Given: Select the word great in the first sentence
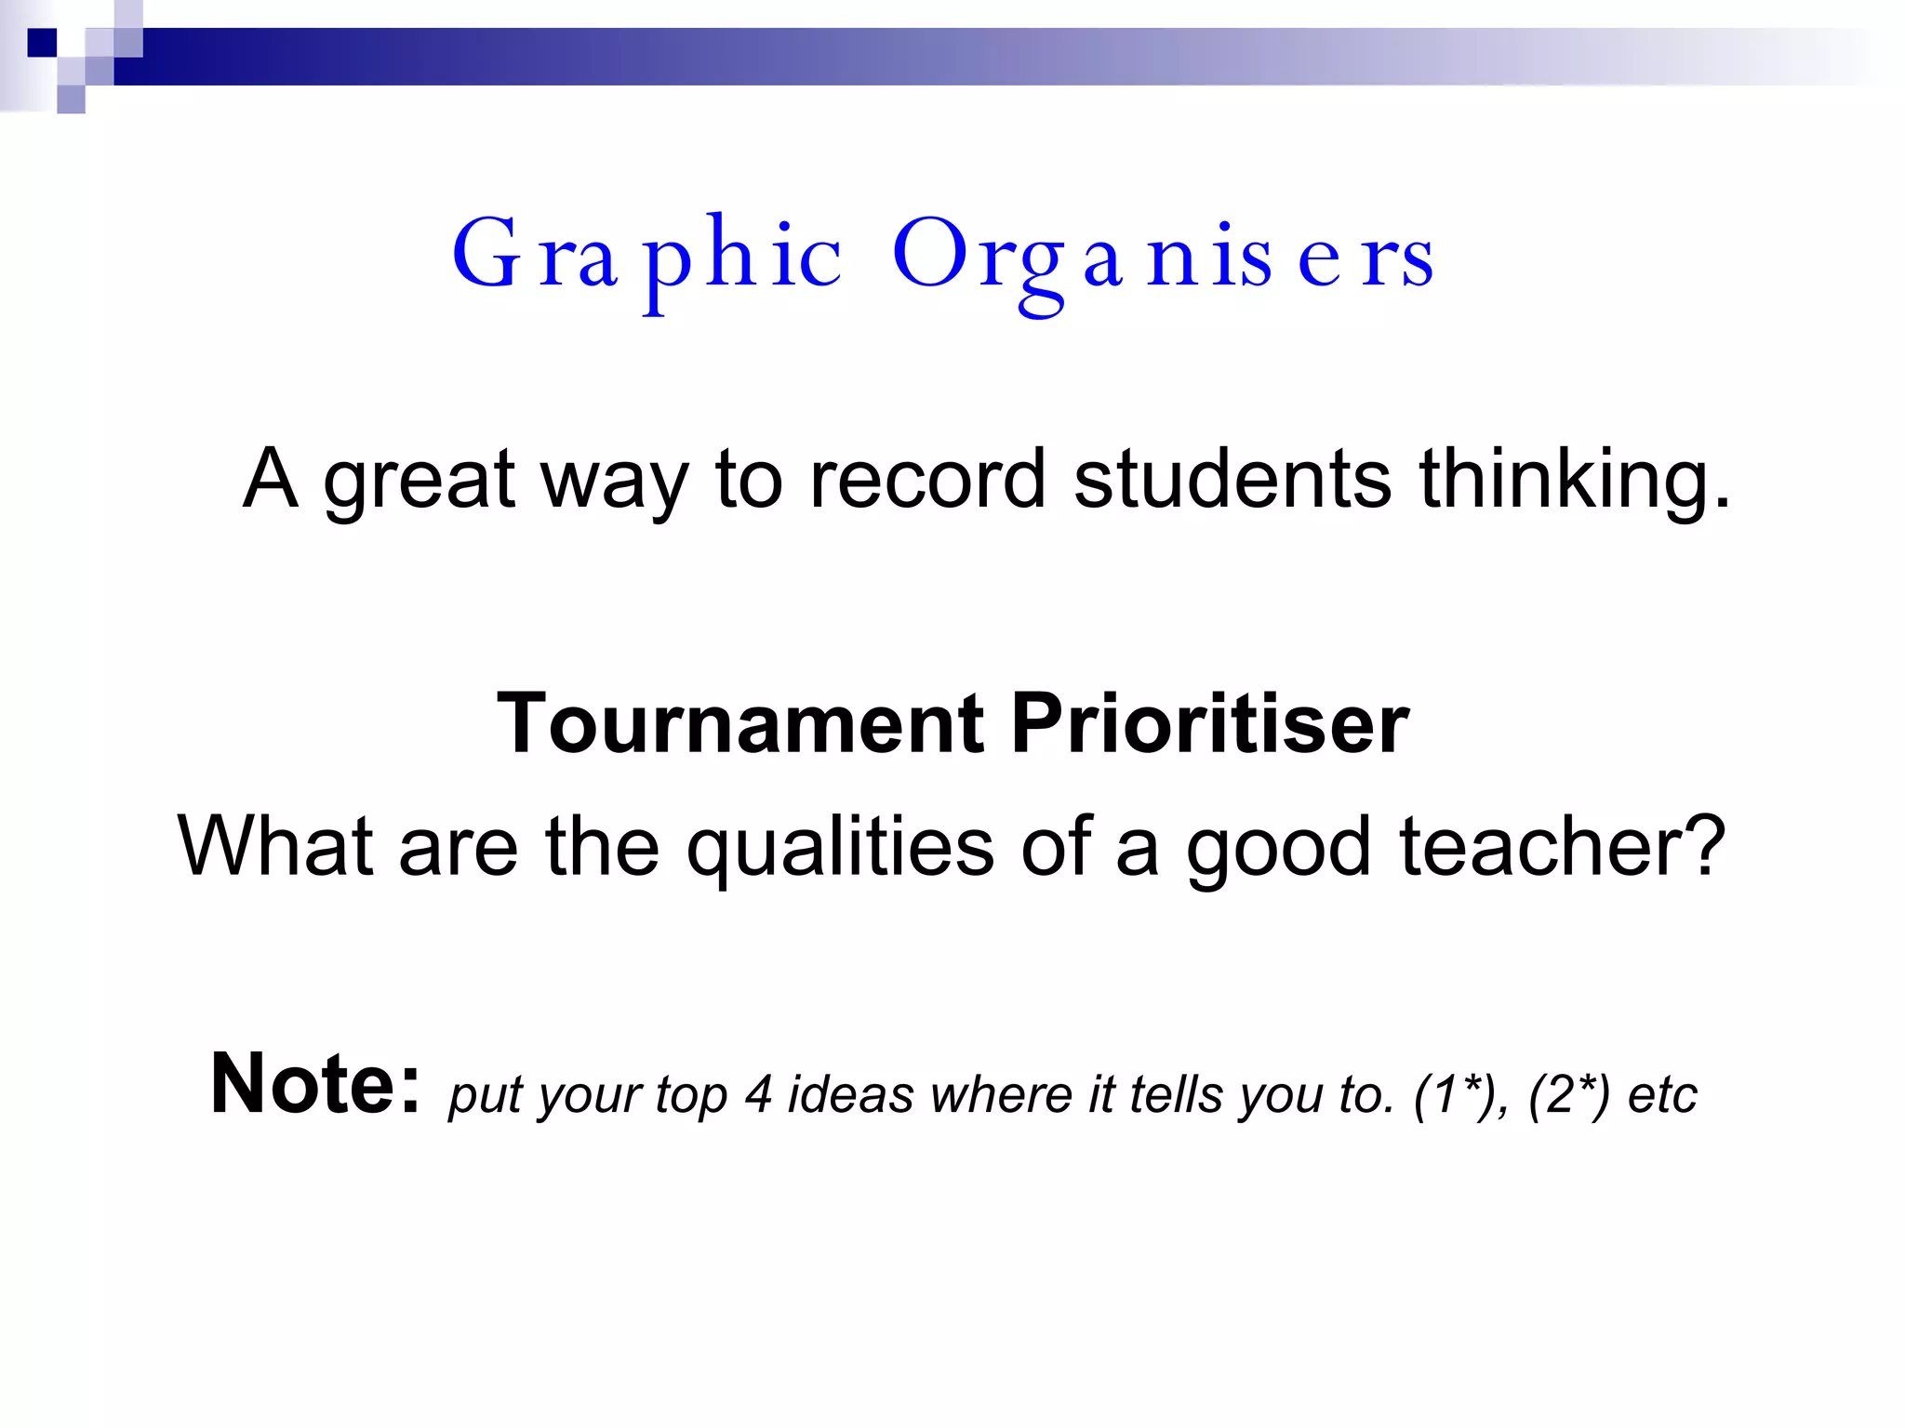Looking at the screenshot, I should (419, 481).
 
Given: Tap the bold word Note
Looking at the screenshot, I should (314, 1084).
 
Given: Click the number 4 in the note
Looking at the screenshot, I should (758, 1094).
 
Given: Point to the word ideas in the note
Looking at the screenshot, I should (851, 1094).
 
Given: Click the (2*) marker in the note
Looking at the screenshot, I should (1568, 1094).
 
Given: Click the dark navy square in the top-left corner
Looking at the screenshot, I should (42, 43).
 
